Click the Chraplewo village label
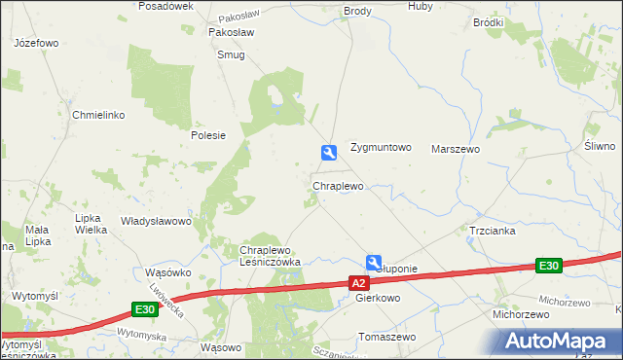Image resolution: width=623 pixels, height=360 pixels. coord(338,186)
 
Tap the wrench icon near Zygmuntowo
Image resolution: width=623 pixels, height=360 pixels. coord(329,152)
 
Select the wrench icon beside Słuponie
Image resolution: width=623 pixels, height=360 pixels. coord(374,262)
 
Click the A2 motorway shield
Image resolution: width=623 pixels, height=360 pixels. coord(359,283)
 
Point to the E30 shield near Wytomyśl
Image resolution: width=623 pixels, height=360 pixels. coord(144,309)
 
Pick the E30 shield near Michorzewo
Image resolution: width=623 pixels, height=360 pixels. coord(549,266)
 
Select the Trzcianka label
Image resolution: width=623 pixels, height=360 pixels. coord(492,231)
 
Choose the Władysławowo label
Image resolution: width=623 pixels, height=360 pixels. coord(155,221)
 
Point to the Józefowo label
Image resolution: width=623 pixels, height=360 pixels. coord(37,44)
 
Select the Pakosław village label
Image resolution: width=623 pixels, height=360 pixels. coord(232,31)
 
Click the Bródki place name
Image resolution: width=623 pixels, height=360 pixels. coord(488,21)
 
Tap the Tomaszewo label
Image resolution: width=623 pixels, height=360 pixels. coord(387,337)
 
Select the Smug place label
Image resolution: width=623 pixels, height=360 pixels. coord(232,55)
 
